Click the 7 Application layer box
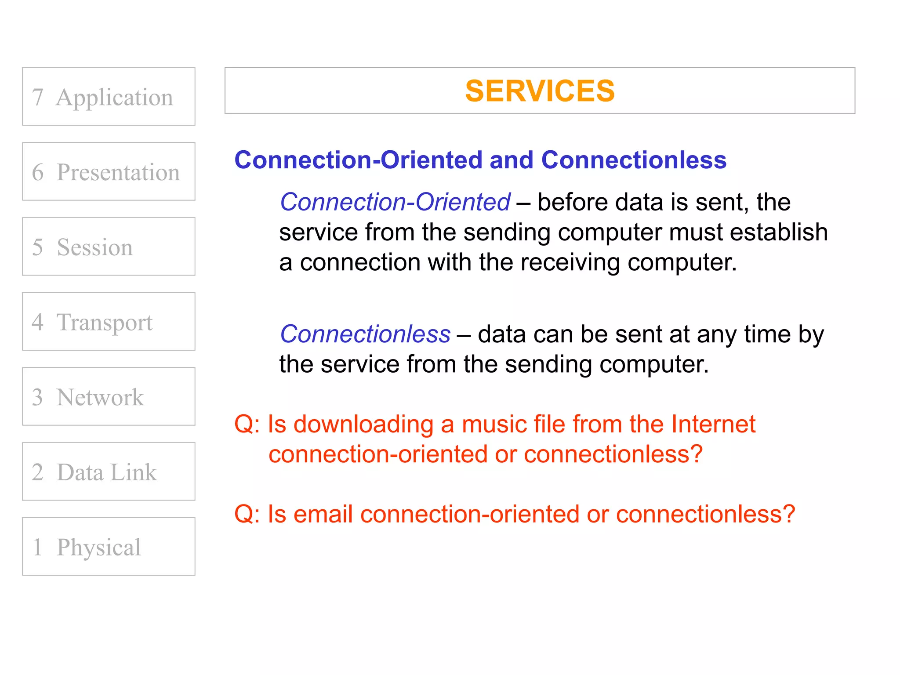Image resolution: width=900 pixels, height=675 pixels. pos(109,97)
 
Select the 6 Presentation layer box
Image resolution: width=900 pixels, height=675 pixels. pos(109,171)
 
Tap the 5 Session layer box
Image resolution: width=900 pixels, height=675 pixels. pos(109,247)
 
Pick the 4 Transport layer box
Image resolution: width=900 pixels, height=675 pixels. pos(109,322)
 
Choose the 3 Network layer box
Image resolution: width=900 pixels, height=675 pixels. pos(109,396)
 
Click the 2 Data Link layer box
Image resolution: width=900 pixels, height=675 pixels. pos(109,472)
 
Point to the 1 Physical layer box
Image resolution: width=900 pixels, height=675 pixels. pos(109,547)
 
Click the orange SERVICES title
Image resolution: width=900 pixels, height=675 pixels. pos(540,91)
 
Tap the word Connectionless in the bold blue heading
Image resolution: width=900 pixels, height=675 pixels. pos(634,160)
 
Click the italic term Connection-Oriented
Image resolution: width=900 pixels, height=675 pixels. pos(395,202)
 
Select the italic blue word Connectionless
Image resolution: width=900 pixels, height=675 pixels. pos(365,334)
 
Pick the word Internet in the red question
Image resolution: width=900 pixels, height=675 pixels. pos(713,425)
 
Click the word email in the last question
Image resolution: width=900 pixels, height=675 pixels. pos(323,514)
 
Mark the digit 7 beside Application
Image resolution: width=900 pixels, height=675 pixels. pos(38,97)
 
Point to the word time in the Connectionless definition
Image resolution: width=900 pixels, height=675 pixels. pos(768,334)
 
